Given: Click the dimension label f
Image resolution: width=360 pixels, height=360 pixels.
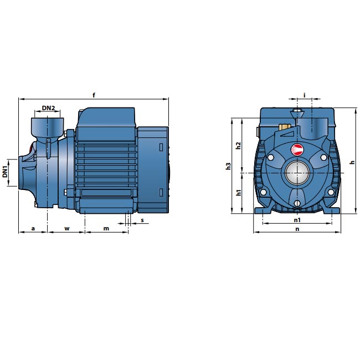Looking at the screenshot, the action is (94, 95).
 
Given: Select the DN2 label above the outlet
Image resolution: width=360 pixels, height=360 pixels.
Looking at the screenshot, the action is (48, 108).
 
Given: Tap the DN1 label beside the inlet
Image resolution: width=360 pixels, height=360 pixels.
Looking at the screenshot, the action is (5, 172).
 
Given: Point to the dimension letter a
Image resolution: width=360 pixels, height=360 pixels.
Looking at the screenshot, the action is (33, 228).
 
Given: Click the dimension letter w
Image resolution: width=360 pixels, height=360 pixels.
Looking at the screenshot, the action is (66, 228).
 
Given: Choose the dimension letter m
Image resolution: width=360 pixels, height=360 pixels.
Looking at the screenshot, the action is (106, 228).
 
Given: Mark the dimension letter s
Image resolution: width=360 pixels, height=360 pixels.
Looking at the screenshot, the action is (142, 220).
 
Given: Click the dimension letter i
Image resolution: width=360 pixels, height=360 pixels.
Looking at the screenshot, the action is (305, 95).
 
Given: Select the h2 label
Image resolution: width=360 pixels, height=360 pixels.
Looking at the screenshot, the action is (239, 145).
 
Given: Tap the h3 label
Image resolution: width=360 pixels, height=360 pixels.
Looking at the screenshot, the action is (228, 166).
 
